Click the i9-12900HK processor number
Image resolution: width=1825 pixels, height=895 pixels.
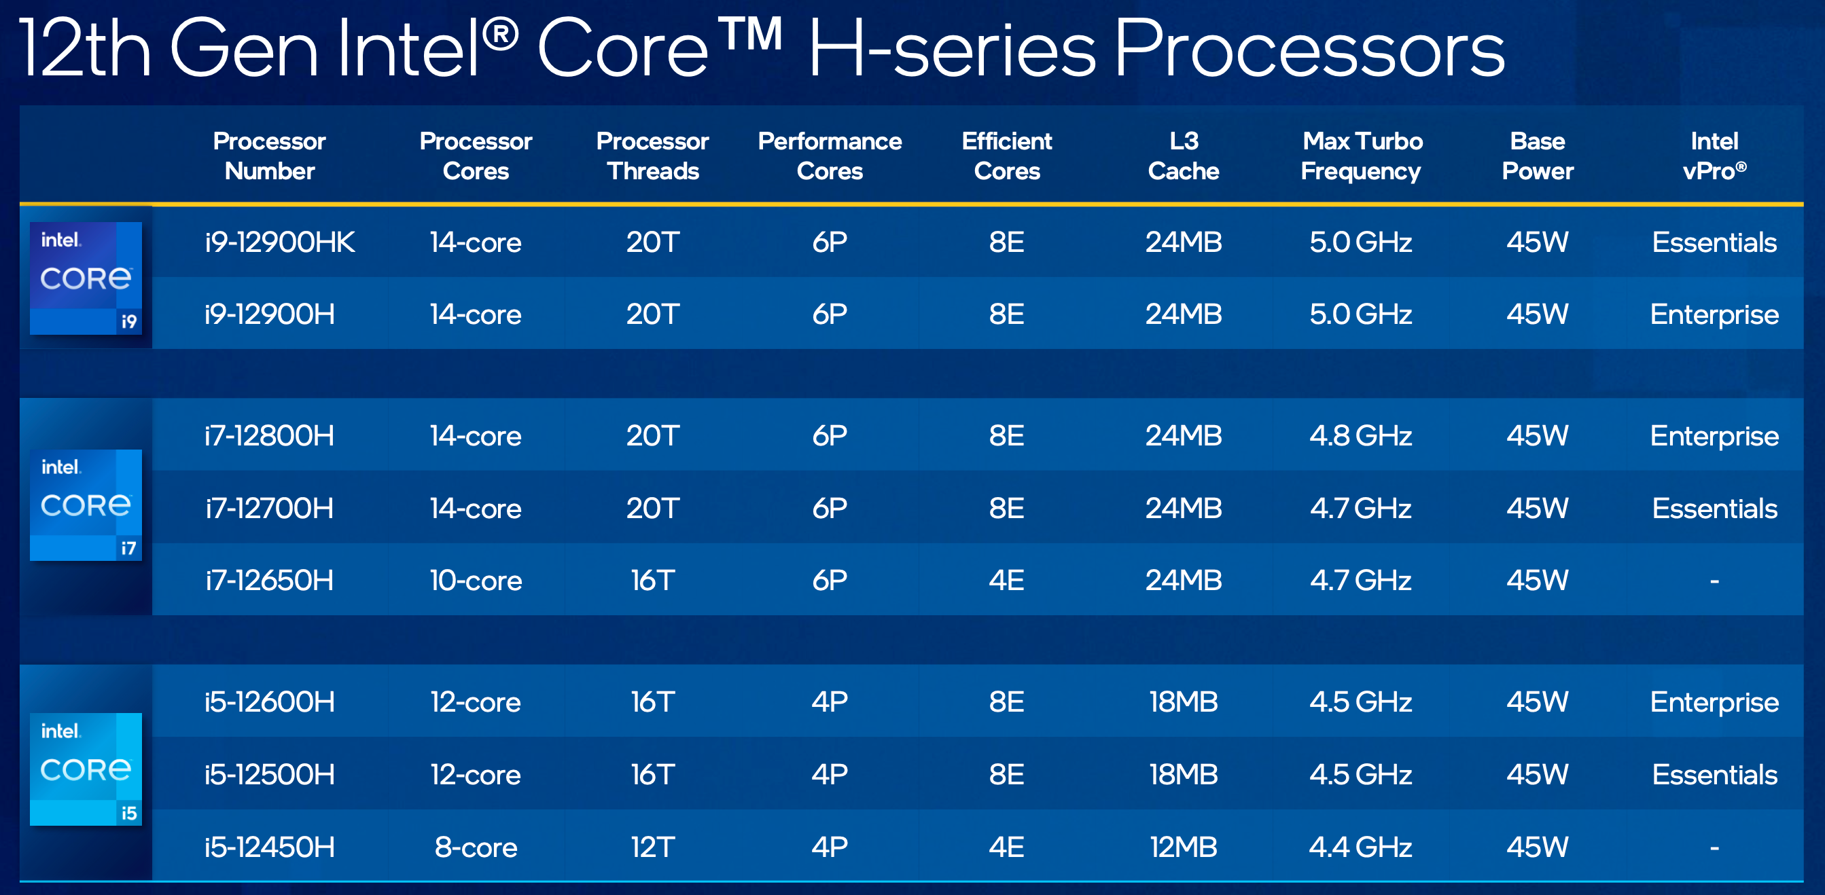point(280,242)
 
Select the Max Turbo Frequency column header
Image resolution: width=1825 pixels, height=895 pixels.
point(1361,156)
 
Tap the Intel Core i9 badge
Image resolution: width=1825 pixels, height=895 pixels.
point(86,278)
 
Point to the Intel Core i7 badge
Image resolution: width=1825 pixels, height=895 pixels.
point(86,505)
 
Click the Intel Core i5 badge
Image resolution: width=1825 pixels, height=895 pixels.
point(86,769)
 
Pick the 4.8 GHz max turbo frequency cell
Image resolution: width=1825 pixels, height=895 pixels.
point(1360,435)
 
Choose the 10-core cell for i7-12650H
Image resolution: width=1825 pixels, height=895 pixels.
point(476,581)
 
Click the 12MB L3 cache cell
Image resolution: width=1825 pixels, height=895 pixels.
point(1183,847)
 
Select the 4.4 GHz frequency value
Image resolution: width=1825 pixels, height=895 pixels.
point(1360,847)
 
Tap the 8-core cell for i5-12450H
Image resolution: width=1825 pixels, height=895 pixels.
point(476,847)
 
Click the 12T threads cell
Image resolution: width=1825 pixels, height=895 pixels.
point(652,847)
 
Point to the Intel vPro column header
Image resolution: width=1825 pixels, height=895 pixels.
point(1714,156)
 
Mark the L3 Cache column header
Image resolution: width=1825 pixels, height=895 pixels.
point(1183,156)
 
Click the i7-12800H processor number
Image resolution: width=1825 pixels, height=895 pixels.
point(269,435)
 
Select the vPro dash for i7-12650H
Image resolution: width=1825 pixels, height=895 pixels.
point(1714,581)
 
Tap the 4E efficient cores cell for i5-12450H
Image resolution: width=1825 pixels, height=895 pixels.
point(1006,847)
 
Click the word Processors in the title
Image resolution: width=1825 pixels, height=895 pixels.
point(1309,50)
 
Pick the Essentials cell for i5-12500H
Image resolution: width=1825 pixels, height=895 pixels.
point(1714,775)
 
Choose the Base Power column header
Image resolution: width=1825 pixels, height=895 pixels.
point(1538,156)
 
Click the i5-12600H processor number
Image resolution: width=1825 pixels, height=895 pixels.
point(269,701)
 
